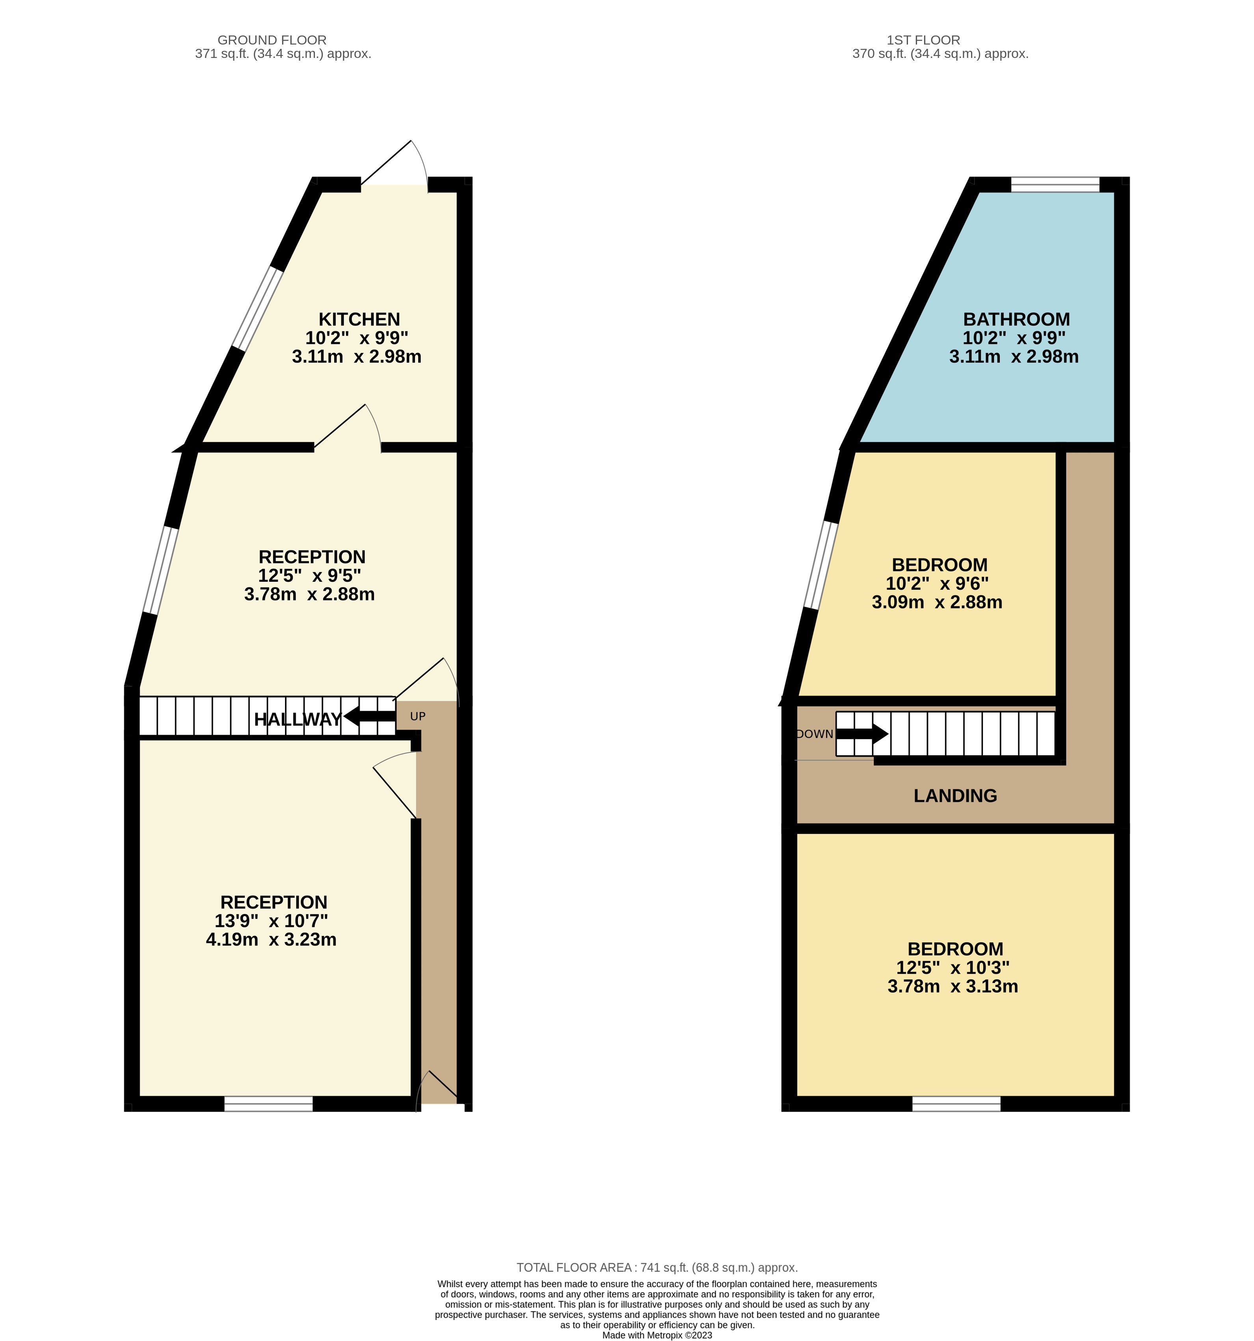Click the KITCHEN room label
[x=359, y=319]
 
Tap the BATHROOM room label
[x=1016, y=319]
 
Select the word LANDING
[x=955, y=796]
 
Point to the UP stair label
[x=418, y=716]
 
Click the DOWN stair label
[x=815, y=734]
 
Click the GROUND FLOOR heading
[x=272, y=40]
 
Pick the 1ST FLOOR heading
[x=923, y=40]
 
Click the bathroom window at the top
[x=1055, y=184]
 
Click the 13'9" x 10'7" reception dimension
[x=271, y=921]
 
